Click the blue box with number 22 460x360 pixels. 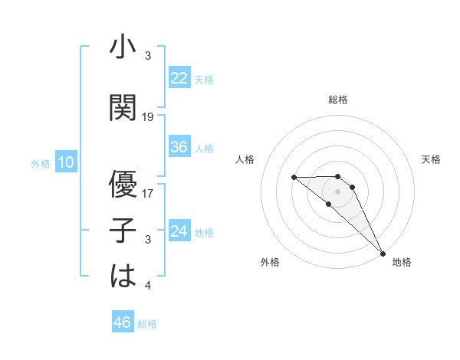[x=179, y=78]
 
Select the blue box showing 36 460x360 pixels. [x=179, y=147]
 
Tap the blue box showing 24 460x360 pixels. [x=179, y=231]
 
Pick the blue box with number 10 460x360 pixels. [x=66, y=162]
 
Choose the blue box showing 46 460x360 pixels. [x=123, y=322]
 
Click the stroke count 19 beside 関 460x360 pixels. [x=149, y=117]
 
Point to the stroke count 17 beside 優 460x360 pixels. [x=149, y=194]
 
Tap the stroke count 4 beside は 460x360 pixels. [x=148, y=286]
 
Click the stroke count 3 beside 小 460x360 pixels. [x=148, y=57]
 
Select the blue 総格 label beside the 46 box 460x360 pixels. [x=147, y=324]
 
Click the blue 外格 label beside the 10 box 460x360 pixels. [x=40, y=163]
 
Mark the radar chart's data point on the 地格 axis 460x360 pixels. [x=382, y=253]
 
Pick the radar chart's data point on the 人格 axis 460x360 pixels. [x=294, y=177]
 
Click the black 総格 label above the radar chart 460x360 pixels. [x=338, y=100]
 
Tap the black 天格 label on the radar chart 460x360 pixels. [x=431, y=159]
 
